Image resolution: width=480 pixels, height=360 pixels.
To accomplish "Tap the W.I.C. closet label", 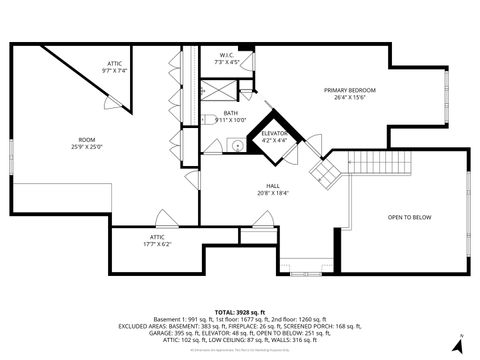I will [x=226, y=55].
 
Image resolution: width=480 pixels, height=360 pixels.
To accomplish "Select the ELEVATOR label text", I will [x=274, y=133].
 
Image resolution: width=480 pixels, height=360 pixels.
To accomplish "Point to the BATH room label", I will [x=231, y=113].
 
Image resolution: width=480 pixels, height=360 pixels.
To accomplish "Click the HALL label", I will [x=272, y=186].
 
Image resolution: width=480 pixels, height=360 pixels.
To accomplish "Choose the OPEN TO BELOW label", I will [x=409, y=217].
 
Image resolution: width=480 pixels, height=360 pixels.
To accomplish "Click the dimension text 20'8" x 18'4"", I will [x=272, y=193].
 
